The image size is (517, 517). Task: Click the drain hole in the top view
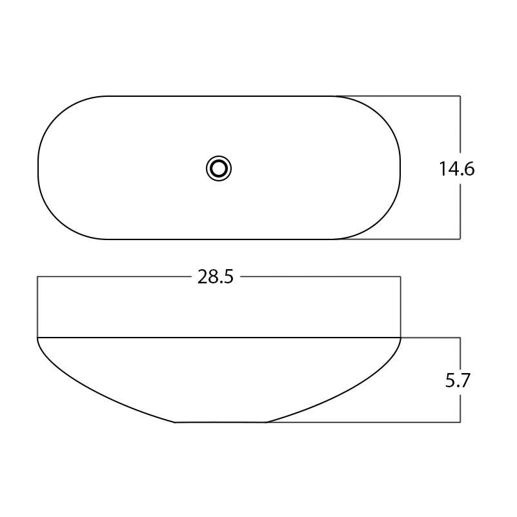219,168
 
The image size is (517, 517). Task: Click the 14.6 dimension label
457,169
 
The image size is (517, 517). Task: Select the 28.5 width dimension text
216,278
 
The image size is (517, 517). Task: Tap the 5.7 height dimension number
458,381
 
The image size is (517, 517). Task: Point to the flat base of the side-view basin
220,422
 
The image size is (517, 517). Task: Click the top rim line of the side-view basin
219,338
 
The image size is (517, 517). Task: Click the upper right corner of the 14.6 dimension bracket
460,96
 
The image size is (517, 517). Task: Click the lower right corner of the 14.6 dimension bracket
460,239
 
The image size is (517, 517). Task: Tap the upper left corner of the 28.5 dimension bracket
37,277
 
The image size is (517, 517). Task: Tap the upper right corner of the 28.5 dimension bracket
401,277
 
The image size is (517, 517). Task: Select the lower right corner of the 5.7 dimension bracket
460,422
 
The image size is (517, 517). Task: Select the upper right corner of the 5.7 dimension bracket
460,338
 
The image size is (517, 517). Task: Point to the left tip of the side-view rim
37,338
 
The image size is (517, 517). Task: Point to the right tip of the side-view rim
401,338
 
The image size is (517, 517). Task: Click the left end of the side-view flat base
176,422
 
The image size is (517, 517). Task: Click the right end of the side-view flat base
266,422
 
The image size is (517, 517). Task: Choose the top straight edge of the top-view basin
219,96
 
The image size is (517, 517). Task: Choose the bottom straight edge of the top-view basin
219,239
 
